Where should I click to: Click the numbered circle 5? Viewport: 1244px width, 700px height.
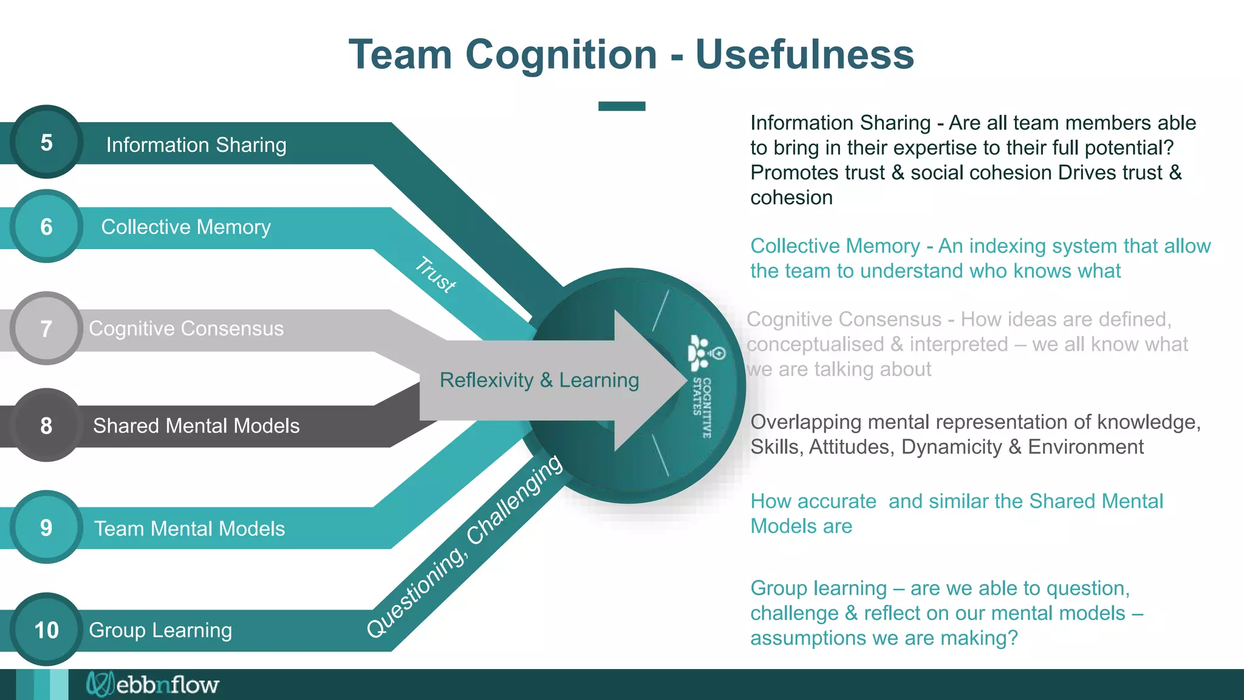[46, 142]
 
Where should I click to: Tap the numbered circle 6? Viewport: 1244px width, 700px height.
[46, 227]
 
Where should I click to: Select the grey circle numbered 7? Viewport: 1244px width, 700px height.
[46, 329]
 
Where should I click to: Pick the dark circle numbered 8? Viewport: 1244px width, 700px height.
[46, 425]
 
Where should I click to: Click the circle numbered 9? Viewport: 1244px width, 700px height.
[46, 527]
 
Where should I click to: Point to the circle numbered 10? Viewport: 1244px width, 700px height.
[46, 630]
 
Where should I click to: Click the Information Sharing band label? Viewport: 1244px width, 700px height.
[196, 145]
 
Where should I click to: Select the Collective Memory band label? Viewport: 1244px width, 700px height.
[185, 227]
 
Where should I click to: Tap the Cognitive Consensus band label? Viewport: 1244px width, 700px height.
[186, 328]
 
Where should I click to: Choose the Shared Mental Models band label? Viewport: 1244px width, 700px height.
[196, 425]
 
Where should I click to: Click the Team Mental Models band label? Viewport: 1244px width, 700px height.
[189, 528]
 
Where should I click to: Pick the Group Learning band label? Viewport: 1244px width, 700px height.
[160, 630]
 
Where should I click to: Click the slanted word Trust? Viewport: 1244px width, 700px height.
[436, 275]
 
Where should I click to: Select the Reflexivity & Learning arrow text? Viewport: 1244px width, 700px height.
[539, 380]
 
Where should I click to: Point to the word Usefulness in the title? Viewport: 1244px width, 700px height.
[804, 55]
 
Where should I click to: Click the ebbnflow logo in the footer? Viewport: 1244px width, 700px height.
[152, 685]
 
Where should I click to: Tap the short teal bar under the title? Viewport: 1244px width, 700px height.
[621, 106]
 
